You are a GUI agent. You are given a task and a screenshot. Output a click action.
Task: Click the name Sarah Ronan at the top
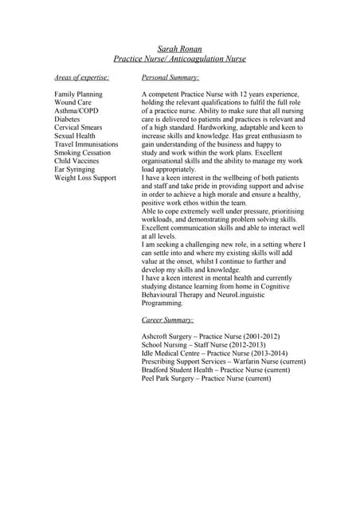tap(180, 49)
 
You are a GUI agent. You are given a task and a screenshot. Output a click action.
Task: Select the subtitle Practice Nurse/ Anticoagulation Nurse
tap(180, 59)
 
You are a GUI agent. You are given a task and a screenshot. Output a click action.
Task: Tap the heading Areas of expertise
tap(81, 78)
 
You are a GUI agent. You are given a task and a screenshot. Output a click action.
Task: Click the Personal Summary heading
tap(170, 78)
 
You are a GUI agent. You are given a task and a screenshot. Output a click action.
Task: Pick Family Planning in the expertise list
tap(78, 95)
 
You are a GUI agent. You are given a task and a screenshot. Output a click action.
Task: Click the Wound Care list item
tap(72, 103)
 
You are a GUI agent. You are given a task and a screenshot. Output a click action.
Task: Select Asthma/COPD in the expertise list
tap(76, 112)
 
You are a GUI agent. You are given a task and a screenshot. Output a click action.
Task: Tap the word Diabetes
tap(68, 120)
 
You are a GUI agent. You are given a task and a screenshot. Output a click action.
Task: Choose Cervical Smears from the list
tap(78, 128)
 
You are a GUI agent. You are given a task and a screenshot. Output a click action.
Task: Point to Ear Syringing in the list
tap(76, 170)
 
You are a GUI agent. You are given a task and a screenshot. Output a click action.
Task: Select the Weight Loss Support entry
tap(85, 178)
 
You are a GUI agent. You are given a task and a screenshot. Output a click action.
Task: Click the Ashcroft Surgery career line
tap(210, 336)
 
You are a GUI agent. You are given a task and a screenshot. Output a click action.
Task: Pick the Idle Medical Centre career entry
tap(214, 353)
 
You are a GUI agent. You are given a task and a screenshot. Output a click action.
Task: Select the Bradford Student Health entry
tap(216, 370)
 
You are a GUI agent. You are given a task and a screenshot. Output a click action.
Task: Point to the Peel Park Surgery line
tap(206, 379)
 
